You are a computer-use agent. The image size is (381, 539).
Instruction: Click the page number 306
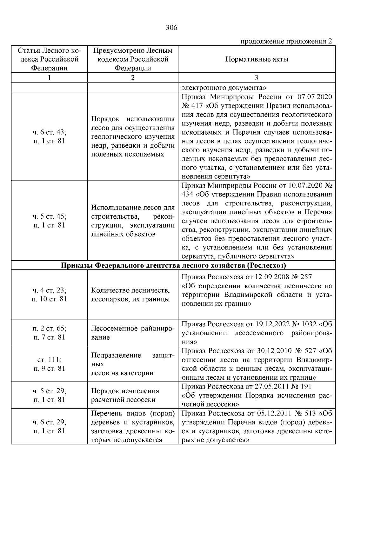coord(171,28)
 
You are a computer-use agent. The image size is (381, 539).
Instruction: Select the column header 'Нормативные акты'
coord(257,59)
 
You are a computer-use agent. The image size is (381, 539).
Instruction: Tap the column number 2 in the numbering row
coord(133,78)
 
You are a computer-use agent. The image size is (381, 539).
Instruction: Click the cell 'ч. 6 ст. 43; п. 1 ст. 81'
coord(49,136)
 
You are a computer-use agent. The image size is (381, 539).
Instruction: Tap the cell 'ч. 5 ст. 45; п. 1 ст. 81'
coord(49,221)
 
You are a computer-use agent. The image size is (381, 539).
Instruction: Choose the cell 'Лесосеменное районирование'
coord(133,333)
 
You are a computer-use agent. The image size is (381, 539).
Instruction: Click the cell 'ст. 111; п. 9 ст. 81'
coord(49,364)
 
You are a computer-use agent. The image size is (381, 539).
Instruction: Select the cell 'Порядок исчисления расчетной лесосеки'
coord(125,395)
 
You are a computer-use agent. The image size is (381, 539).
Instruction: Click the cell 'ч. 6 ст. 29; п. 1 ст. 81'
coord(49,426)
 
